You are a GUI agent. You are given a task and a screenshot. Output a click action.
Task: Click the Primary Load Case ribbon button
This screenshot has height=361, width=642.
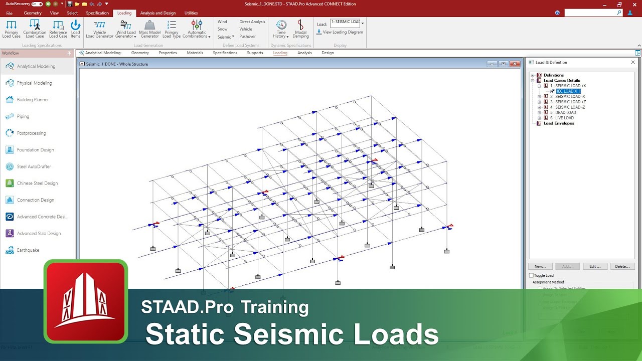(x=11, y=29)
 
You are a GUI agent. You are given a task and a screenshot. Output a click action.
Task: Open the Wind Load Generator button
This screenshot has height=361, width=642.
(x=126, y=29)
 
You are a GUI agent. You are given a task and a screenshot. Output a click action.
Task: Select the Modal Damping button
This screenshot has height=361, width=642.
(x=300, y=29)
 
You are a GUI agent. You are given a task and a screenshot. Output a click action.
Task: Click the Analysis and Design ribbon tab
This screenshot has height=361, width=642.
(x=158, y=13)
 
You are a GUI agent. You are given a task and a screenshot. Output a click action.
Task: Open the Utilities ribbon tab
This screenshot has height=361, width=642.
(x=191, y=13)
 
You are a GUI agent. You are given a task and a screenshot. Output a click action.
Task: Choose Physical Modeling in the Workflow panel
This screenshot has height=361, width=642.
(x=34, y=83)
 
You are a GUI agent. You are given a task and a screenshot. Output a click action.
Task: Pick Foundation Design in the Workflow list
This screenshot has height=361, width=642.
(x=35, y=150)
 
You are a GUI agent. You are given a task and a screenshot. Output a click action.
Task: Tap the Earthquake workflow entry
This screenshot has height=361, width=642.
(x=28, y=250)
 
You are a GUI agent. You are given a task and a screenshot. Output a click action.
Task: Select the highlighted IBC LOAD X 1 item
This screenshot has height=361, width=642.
(x=568, y=91)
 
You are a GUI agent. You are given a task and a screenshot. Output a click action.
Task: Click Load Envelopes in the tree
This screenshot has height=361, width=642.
(x=559, y=123)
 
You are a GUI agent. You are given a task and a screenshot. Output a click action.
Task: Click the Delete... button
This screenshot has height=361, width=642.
(x=622, y=266)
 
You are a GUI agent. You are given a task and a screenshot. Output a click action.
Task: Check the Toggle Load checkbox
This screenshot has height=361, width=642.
(x=532, y=275)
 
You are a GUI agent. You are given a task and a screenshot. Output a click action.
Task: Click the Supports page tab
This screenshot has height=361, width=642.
(x=255, y=53)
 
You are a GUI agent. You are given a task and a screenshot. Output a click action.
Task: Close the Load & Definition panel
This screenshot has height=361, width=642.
(x=633, y=62)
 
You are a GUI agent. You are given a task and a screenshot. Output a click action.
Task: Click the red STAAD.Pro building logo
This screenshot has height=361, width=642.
(x=86, y=301)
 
